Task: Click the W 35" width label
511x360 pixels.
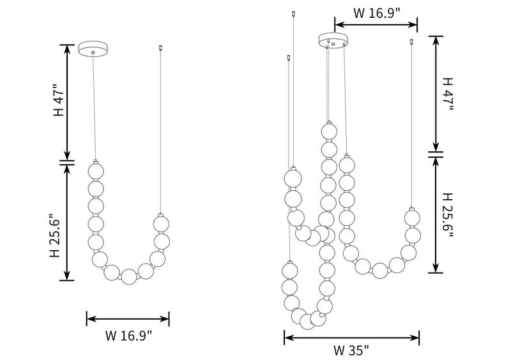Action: pos(351,350)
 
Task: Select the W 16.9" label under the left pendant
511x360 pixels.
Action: pos(129,335)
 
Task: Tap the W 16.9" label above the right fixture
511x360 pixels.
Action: pos(377,13)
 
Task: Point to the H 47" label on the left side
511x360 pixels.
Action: pos(59,100)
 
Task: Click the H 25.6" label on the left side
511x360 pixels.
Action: pos(55,236)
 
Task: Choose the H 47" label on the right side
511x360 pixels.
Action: pos(448,94)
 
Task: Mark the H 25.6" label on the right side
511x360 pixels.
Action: pos(448,215)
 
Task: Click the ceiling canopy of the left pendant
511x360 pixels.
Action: pos(93,48)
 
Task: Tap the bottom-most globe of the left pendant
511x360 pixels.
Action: pos(129,276)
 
